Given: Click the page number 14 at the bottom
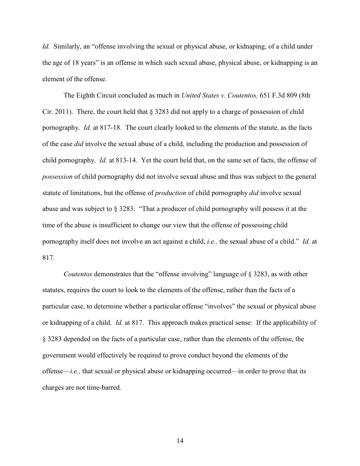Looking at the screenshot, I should (x=180, y=441).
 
